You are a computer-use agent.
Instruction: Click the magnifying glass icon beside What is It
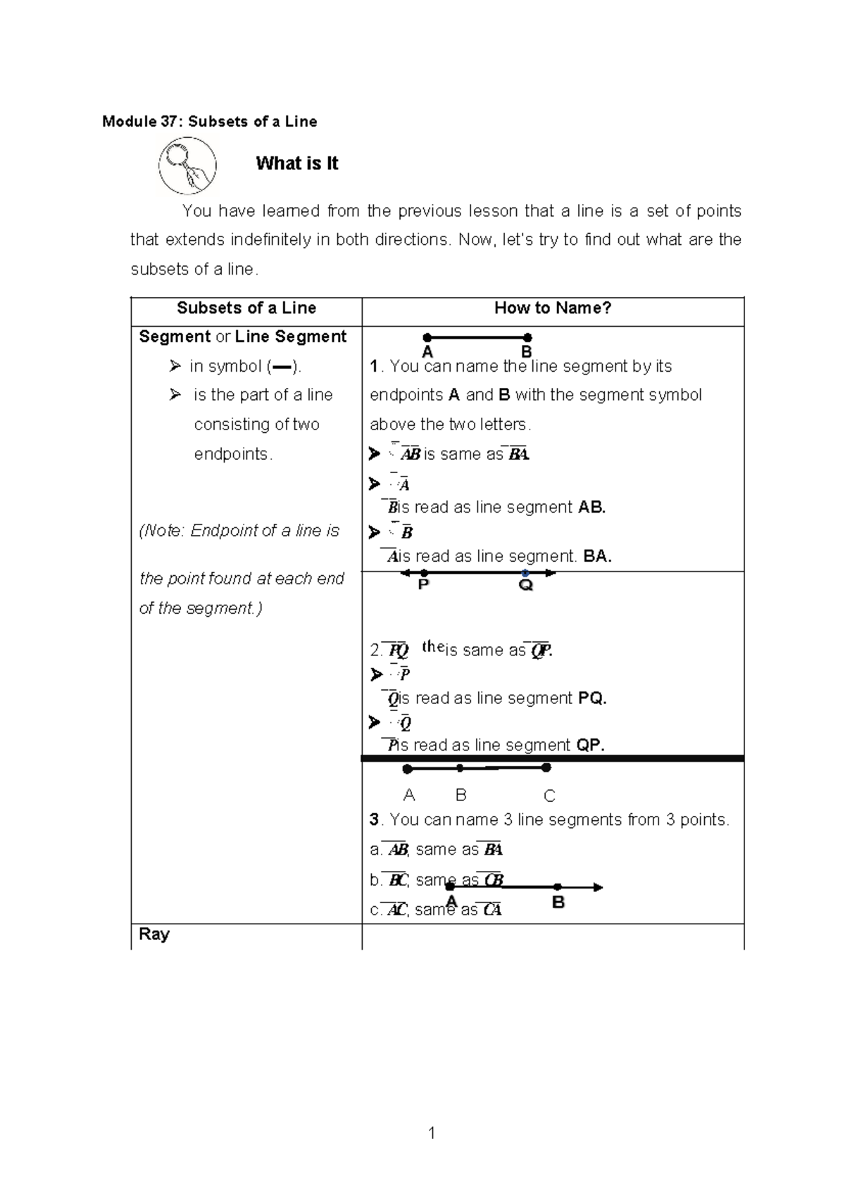click(187, 166)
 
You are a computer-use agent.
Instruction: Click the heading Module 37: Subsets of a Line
click(209, 122)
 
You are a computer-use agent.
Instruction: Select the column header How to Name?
click(553, 308)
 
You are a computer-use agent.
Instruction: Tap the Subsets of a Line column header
click(246, 308)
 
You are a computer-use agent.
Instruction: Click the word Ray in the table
click(154, 934)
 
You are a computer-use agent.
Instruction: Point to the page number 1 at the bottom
click(432, 1133)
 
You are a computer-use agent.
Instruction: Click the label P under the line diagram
click(423, 585)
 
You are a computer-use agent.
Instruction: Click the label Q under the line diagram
click(525, 586)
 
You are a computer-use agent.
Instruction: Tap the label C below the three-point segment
click(549, 796)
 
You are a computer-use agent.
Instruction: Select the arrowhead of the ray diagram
click(598, 887)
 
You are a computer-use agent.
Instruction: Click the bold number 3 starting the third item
click(375, 819)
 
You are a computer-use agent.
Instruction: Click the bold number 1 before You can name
click(374, 366)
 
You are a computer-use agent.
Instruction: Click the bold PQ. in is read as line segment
click(592, 698)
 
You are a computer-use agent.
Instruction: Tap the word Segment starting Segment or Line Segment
click(175, 337)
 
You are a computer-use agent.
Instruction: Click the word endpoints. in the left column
click(233, 454)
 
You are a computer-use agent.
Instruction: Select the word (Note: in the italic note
click(162, 531)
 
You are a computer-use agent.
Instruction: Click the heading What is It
click(296, 163)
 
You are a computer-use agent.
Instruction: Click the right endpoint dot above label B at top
click(528, 338)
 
